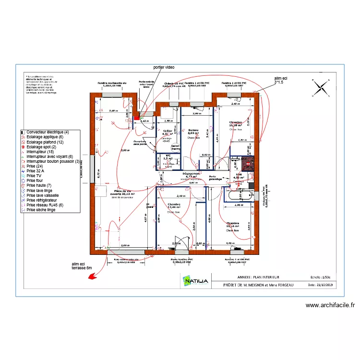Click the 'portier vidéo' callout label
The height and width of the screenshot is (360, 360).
[x=164, y=68]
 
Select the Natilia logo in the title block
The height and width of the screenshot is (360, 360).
[x=195, y=280]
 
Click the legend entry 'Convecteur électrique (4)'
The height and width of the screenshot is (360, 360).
[x=48, y=132]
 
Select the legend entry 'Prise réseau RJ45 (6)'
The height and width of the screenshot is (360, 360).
[x=47, y=205]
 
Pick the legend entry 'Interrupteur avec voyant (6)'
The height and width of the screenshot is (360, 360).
[x=49, y=156]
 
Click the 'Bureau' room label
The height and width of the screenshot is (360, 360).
[x=193, y=131]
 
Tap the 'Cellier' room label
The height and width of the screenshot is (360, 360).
[x=168, y=131]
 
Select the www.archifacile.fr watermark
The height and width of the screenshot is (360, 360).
[x=329, y=305]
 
